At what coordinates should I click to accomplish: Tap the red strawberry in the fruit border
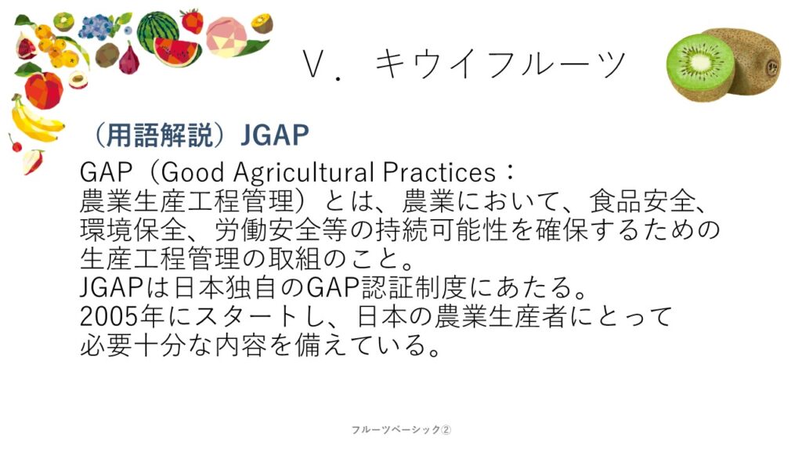[x=193, y=21]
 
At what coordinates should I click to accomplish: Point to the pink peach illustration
[x=226, y=36]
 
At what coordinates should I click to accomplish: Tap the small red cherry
[x=16, y=145]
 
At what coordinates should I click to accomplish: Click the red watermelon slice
[x=176, y=52]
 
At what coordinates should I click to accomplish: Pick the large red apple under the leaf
[x=44, y=90]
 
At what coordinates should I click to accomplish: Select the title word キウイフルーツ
[x=500, y=64]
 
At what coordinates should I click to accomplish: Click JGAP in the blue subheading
[x=275, y=135]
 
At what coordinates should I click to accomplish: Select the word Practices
[x=439, y=173]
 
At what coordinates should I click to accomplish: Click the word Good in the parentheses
[x=193, y=173]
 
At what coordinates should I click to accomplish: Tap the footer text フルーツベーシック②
[x=401, y=430]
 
